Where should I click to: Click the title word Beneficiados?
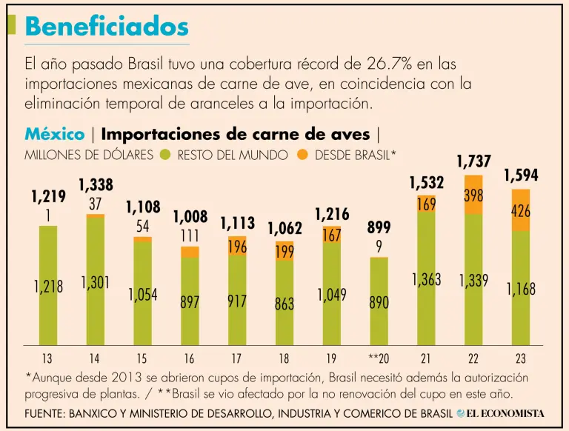(x=107, y=26)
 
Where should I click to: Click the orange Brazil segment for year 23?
(x=521, y=210)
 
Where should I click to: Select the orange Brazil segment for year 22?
(x=473, y=195)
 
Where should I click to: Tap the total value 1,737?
(x=473, y=161)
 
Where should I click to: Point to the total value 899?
(x=379, y=228)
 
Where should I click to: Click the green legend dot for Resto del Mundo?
(x=164, y=156)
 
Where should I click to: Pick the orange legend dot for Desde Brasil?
(x=302, y=156)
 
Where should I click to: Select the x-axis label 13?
(x=47, y=358)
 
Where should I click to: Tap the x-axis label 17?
(x=236, y=358)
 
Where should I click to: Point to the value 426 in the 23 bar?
(x=521, y=211)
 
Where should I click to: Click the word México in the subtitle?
(x=54, y=134)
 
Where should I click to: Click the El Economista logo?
(x=501, y=412)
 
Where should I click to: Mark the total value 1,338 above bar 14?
(x=96, y=185)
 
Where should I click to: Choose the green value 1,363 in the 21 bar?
(x=426, y=280)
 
